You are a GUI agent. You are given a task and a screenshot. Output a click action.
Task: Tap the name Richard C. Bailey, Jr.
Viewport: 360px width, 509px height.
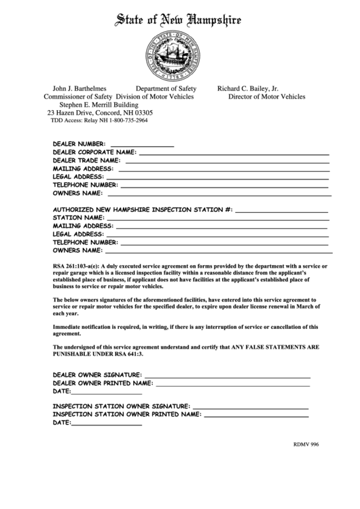click(x=247, y=88)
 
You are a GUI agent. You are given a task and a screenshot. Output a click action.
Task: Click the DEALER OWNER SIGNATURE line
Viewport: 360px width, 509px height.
click(x=227, y=376)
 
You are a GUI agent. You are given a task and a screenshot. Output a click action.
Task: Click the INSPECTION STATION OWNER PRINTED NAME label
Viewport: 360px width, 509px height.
click(x=126, y=414)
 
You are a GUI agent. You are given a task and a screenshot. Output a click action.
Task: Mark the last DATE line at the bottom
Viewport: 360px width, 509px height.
click(x=106, y=424)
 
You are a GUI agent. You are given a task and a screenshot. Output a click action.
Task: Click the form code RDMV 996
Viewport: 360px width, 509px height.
click(x=306, y=444)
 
